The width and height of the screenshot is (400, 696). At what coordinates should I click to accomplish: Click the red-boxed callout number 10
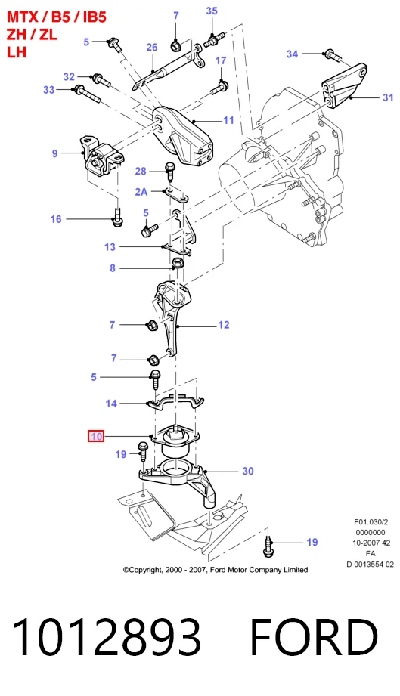coord(96,436)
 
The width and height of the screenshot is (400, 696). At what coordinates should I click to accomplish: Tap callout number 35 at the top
coord(212,11)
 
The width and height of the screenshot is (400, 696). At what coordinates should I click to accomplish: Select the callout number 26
coord(152,47)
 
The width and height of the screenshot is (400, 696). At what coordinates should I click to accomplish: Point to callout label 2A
coord(141,192)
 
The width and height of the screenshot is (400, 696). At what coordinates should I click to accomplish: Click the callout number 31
coord(388,97)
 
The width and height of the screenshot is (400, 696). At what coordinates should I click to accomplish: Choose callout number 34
coord(292,54)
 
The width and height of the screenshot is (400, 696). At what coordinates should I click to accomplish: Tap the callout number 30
coord(248,471)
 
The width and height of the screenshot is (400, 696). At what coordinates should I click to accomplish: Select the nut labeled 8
coord(177,264)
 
